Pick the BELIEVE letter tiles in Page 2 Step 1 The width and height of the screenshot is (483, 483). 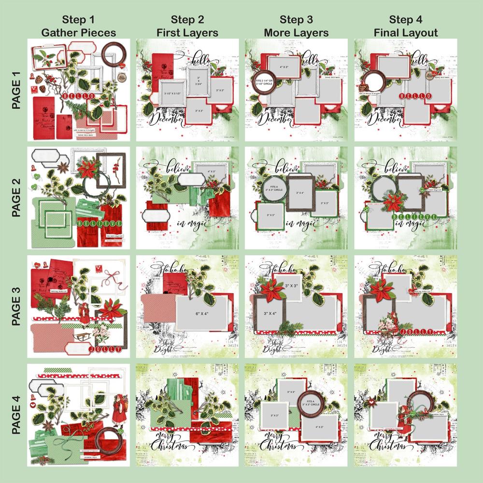tap(99, 224)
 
